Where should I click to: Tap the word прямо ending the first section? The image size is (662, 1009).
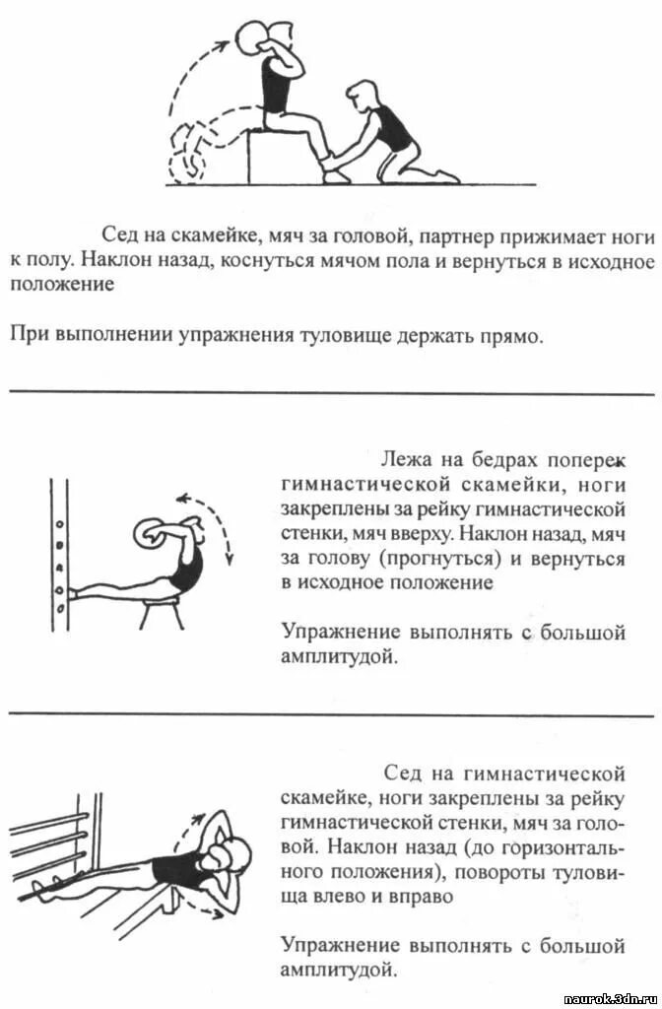click(514, 336)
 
